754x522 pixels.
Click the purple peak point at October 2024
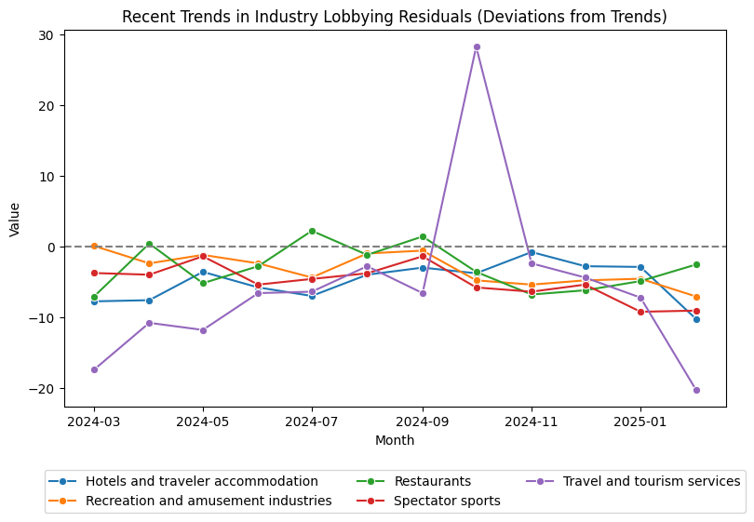tap(477, 47)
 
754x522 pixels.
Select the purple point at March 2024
tap(94, 369)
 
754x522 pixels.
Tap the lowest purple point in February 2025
tap(696, 390)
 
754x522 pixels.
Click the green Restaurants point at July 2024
tap(312, 231)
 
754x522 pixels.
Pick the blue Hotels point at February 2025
tap(696, 319)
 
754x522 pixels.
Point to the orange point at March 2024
tap(94, 246)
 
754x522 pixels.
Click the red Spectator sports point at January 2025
tap(640, 312)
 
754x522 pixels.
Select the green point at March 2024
tap(94, 297)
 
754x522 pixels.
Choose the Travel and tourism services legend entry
tap(652, 481)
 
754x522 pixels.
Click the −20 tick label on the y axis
tap(46, 388)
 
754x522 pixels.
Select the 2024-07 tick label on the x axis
tap(312, 421)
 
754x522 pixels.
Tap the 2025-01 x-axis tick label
tap(640, 421)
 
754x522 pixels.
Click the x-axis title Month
tap(395, 440)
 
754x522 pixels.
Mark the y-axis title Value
tap(14, 219)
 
